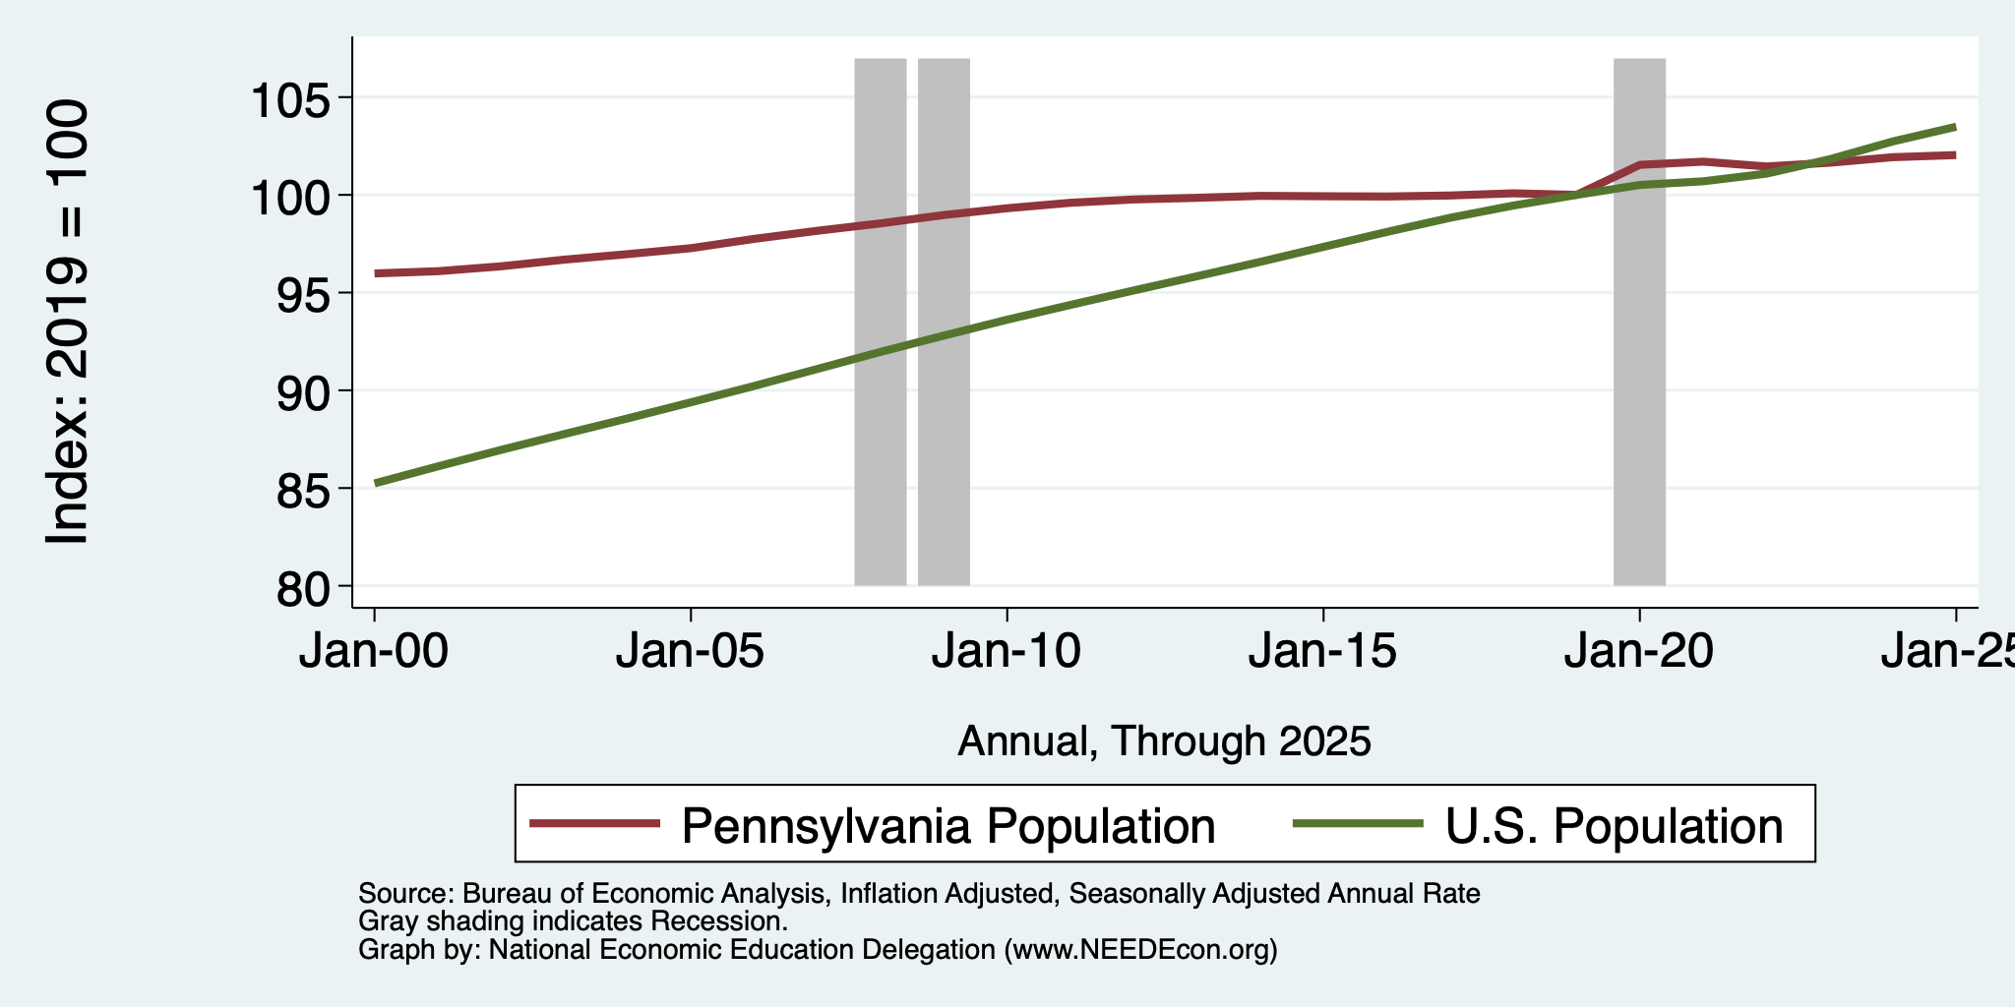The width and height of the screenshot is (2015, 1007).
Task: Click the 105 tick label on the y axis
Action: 290,99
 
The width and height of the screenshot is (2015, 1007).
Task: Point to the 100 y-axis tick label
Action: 290,197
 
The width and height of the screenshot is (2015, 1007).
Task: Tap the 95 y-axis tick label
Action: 302,294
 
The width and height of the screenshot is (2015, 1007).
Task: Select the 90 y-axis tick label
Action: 302,391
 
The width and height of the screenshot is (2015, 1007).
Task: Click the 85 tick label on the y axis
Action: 302,489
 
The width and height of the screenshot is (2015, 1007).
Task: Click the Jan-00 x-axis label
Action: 374,650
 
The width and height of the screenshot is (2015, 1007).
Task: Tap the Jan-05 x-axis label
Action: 690,650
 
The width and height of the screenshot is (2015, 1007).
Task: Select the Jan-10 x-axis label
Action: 1007,650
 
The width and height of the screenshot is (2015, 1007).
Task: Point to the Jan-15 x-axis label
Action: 1322,650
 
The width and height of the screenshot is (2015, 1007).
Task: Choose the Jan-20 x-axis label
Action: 1639,650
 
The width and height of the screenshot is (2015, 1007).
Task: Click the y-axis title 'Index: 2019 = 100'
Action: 68,322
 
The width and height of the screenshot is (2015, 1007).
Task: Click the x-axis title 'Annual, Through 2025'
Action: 1164,740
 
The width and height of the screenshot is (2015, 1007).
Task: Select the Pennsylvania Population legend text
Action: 948,825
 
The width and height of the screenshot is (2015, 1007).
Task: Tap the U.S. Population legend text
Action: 1614,825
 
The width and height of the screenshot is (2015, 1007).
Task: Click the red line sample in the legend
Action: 594,823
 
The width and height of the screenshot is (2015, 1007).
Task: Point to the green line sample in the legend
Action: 1358,823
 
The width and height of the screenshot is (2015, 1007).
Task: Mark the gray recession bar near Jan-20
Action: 1639,322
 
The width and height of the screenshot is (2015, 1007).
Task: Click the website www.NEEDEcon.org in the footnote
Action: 1141,950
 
